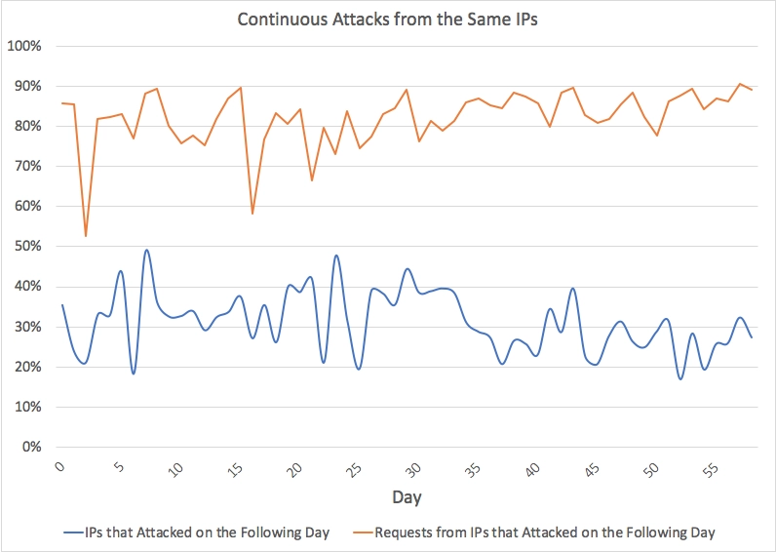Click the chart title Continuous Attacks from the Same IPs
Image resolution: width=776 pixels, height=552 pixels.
(388, 19)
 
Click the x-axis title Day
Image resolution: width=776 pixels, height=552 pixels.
(407, 497)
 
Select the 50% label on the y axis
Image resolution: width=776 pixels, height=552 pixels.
(25, 247)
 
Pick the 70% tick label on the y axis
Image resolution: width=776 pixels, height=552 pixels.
(25, 167)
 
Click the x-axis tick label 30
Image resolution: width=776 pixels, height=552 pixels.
(412, 468)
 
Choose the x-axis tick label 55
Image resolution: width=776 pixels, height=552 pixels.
(709, 468)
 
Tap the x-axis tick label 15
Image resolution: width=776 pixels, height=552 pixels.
(235, 468)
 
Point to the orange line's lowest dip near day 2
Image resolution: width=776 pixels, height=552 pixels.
(86, 236)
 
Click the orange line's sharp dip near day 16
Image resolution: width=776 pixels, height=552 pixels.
(252, 214)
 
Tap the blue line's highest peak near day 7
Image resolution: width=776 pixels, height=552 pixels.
(146, 250)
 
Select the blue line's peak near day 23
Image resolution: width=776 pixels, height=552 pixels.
(336, 256)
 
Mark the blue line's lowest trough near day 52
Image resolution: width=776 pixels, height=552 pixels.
(680, 378)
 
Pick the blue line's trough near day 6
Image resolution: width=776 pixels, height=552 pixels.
(134, 374)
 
